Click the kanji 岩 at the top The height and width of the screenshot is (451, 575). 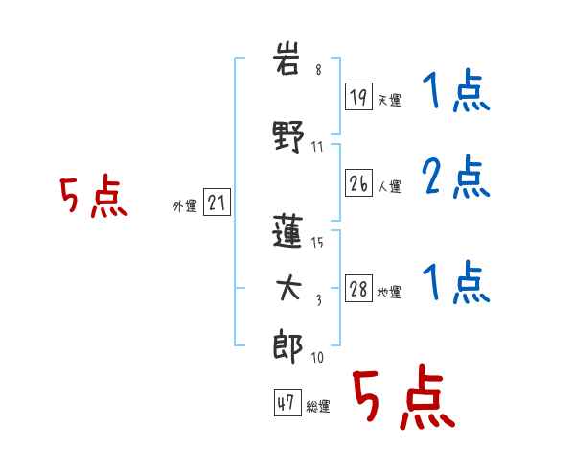pos(287,59)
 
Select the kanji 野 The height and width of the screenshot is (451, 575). pos(288,136)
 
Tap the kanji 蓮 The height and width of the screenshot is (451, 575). pos(287,231)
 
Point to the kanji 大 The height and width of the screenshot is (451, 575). pos(288,288)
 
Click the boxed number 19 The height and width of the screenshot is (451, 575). pos(358,97)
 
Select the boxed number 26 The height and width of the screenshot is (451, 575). pos(358,183)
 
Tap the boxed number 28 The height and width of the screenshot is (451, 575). pos(358,288)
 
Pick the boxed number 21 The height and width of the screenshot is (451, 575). pos(217,202)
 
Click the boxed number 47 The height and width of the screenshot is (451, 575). pos(287,402)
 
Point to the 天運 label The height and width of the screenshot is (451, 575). pos(389,100)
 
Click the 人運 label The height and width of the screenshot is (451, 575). pos(389,186)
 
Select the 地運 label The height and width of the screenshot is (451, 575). pos(389,292)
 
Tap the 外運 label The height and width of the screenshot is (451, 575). pos(185,205)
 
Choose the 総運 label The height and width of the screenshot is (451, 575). pos(318,406)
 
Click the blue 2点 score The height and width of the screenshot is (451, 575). pos(456,177)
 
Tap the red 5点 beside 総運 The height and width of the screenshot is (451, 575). pos(404,396)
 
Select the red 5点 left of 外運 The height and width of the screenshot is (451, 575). pos(94,196)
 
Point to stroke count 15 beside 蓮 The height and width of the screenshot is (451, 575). pos(317,242)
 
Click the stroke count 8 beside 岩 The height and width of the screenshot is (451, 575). pos(319,69)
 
